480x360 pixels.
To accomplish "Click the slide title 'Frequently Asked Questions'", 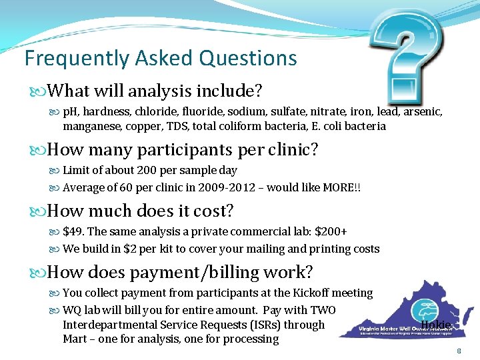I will point(161,58).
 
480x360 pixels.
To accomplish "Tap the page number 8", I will point(459,351).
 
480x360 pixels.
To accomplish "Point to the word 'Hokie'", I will point(436,325).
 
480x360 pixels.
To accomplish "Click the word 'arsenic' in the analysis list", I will point(423,109).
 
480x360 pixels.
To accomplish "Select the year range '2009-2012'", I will point(227,187).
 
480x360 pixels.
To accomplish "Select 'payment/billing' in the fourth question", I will point(191,272).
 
